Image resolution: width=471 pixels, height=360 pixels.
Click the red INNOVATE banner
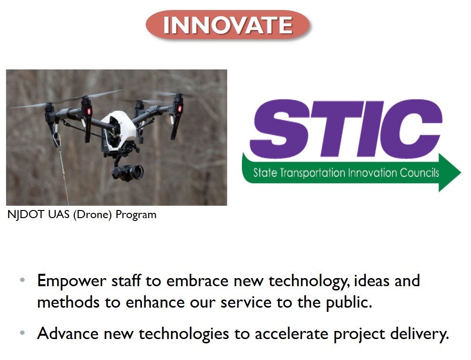227,25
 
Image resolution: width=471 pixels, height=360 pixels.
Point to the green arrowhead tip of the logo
461,172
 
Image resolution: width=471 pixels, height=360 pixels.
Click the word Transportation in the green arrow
312,173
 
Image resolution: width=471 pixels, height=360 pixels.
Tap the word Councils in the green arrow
420,173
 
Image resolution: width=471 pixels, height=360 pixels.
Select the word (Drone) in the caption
92,215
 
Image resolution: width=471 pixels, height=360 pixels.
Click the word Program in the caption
136,215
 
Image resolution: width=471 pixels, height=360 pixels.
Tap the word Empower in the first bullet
71,281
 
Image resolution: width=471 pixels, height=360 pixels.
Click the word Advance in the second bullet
68,333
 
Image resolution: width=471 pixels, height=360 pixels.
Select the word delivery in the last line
417,334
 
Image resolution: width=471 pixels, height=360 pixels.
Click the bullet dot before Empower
22,280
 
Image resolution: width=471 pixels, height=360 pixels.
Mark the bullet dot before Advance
22,333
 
